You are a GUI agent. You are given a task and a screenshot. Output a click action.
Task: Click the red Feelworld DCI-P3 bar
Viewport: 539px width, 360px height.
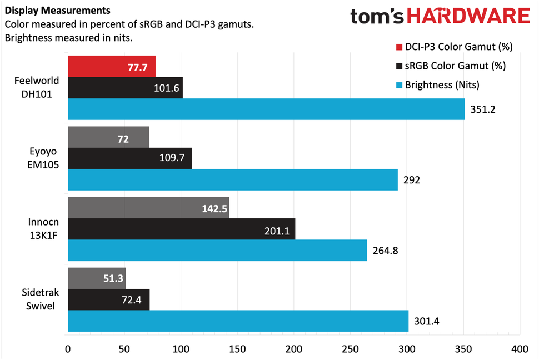tap(111, 66)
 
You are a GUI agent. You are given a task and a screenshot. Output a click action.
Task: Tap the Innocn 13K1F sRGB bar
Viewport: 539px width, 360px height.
tap(181, 229)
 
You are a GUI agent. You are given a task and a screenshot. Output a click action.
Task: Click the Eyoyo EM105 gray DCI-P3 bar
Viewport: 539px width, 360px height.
tap(108, 137)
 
